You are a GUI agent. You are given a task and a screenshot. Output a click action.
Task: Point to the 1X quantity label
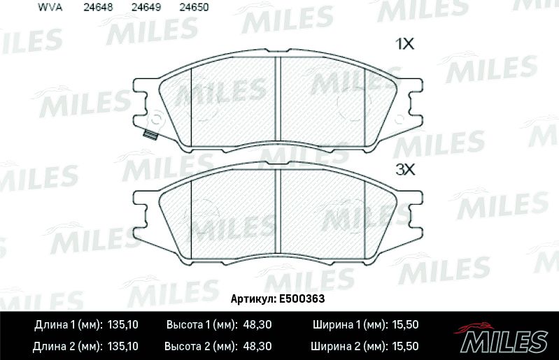pyautogui.click(x=406, y=44)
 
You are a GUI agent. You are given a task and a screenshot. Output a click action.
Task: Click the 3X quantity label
pyautogui.click(x=406, y=168)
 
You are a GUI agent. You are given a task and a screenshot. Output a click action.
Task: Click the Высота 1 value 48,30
pyautogui.click(x=258, y=325)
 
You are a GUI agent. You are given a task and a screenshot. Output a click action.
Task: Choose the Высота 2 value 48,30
pyautogui.click(x=258, y=346)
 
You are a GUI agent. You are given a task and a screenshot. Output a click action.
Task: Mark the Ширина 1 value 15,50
pyautogui.click(x=404, y=325)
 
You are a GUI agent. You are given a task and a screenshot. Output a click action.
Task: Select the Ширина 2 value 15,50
pyautogui.click(x=404, y=346)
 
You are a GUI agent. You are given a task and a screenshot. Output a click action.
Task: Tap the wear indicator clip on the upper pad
pyautogui.click(x=148, y=136)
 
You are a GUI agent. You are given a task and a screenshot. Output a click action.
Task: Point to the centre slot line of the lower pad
pyautogui.click(x=279, y=213)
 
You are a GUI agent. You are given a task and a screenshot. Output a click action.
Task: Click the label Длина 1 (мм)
pyautogui.click(x=67, y=325)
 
